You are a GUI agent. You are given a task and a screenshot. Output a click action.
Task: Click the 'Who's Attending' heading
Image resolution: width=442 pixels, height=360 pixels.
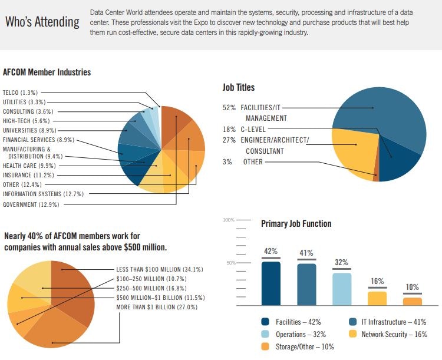[x=42, y=22]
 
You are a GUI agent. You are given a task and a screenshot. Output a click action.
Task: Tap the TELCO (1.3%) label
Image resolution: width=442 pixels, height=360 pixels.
[x=20, y=93]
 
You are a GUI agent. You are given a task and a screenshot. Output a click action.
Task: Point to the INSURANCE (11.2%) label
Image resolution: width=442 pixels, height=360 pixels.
[x=28, y=175]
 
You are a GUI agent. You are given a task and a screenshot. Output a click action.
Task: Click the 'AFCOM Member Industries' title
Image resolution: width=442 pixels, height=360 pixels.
[x=47, y=72]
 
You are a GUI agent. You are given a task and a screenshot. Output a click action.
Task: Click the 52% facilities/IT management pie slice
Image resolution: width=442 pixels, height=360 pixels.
[x=383, y=118]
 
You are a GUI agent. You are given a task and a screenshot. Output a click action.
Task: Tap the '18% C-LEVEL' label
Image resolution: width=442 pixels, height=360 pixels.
[x=245, y=129]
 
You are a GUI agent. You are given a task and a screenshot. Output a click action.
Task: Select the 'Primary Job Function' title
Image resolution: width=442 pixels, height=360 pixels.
[x=296, y=224]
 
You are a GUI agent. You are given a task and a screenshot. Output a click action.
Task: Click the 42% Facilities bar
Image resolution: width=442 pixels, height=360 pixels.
[x=271, y=283]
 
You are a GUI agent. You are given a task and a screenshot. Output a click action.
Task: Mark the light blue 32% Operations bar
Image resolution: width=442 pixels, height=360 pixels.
[x=342, y=289]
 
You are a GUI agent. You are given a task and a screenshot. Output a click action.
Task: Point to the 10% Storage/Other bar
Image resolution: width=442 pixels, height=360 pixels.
[x=413, y=301]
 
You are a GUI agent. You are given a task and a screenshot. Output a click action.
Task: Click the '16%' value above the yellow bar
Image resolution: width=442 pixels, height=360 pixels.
[x=377, y=281]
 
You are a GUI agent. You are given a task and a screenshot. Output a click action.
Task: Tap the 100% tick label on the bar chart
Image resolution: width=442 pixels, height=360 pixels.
[x=228, y=220]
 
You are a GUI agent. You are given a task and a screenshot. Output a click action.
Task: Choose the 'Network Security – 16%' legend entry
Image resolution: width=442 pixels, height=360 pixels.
[x=392, y=334]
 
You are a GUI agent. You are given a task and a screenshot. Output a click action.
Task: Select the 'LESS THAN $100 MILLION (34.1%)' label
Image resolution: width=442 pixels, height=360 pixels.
[x=160, y=269]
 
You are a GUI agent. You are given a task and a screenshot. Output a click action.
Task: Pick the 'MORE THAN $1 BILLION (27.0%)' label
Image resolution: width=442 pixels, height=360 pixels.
[x=156, y=307]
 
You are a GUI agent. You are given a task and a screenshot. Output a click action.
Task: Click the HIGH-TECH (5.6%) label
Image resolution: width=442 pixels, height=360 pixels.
[x=24, y=121]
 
